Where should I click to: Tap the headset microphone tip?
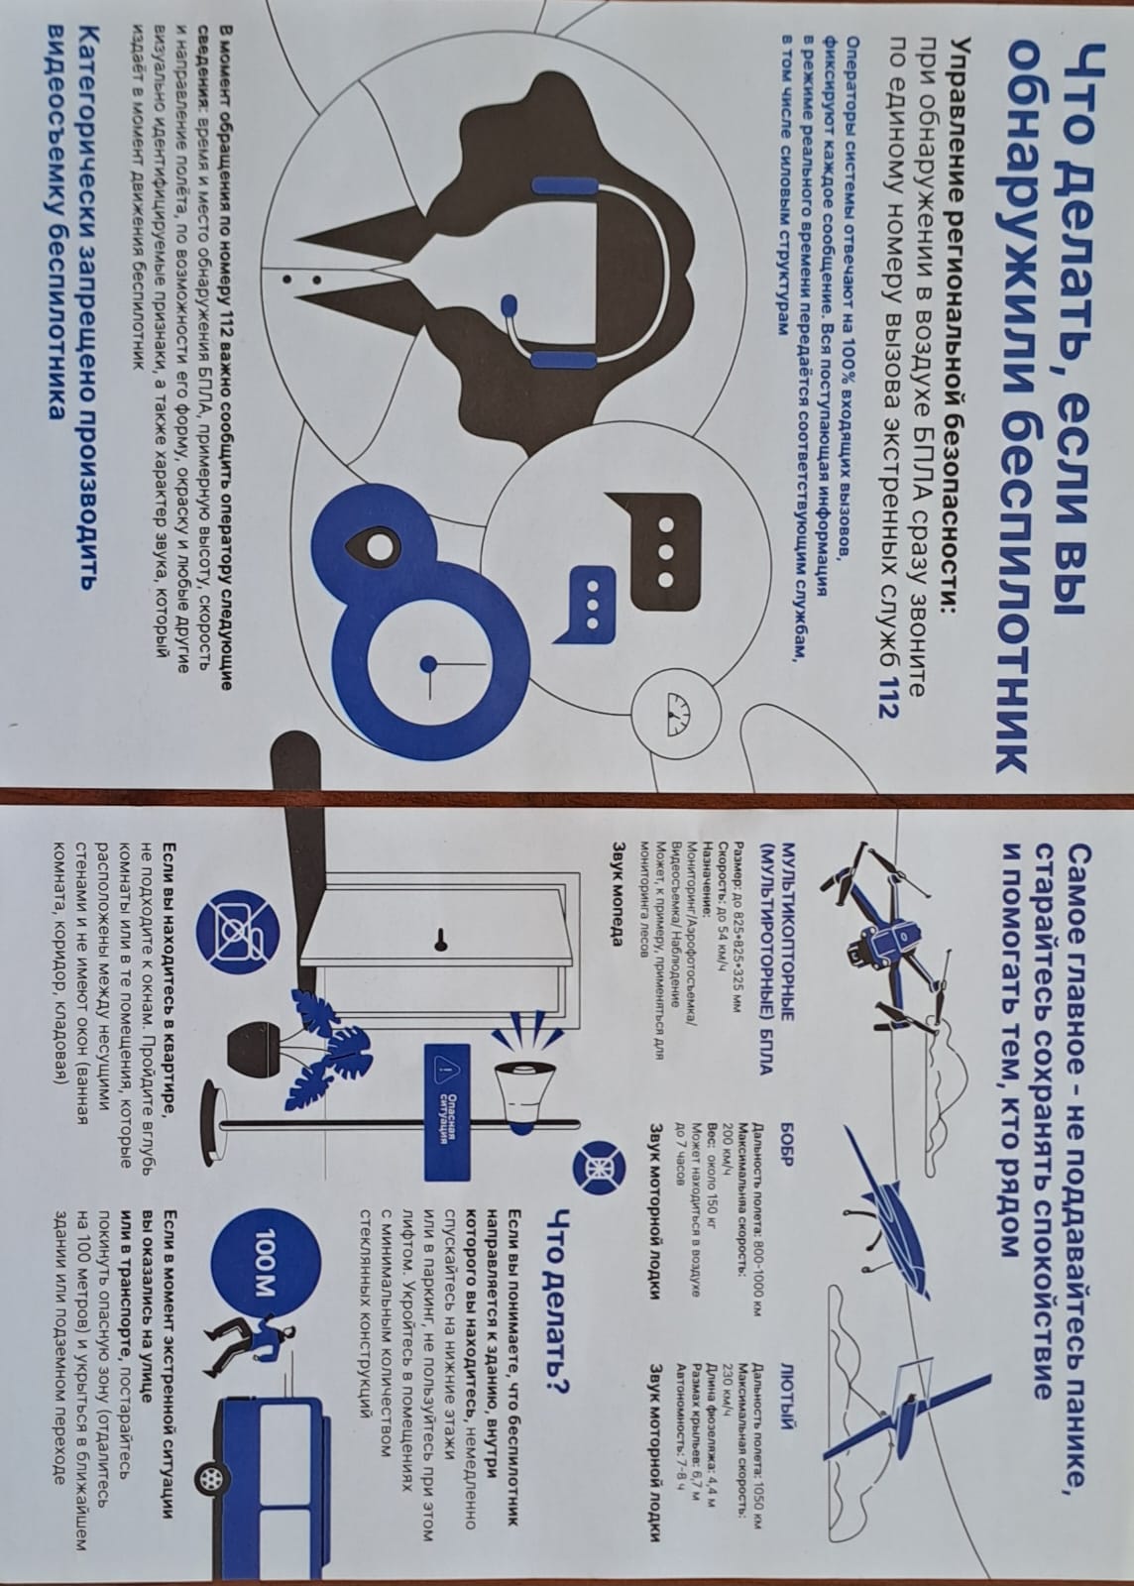pyautogui.click(x=509, y=306)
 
